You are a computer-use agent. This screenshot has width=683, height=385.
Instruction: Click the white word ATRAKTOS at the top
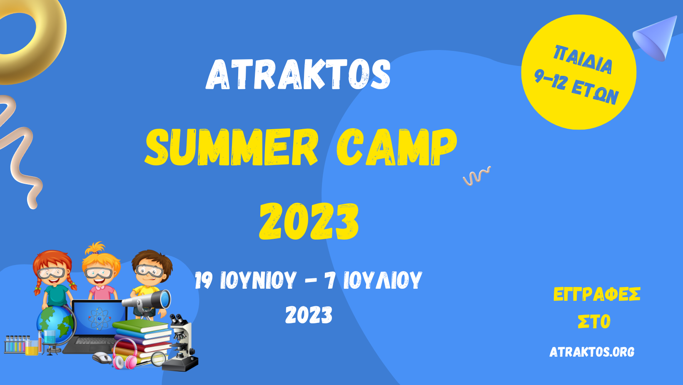[298, 74]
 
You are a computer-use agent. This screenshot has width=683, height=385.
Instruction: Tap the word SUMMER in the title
[232, 147]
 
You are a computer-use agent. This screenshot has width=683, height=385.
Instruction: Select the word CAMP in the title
[397, 147]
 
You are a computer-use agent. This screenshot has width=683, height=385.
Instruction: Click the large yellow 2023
[309, 221]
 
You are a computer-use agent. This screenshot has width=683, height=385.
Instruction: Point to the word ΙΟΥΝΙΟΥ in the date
[258, 280]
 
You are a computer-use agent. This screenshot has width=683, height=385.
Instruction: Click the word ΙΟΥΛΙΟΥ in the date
[383, 280]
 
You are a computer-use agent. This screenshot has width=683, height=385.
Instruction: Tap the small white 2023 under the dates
[309, 315]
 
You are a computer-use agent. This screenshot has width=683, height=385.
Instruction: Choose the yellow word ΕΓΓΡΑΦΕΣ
[597, 295]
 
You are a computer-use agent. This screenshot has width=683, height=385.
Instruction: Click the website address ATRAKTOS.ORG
[592, 352]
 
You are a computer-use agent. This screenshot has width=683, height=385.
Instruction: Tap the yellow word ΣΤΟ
[594, 321]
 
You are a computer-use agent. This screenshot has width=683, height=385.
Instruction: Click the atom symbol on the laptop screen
[99, 318]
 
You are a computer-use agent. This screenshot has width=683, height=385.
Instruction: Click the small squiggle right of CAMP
[476, 176]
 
